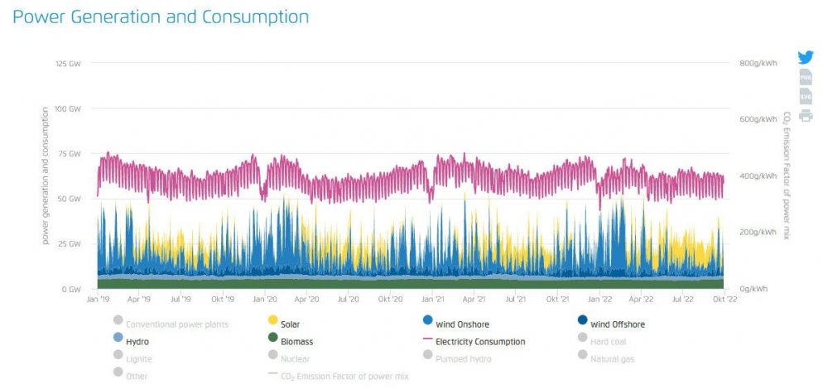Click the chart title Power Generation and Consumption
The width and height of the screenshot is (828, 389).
coord(161,17)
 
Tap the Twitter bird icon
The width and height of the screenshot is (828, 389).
coord(806,57)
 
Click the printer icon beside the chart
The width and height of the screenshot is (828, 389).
coord(806,115)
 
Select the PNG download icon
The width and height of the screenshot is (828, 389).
coord(806,77)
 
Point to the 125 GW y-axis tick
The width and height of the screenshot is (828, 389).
coord(68,64)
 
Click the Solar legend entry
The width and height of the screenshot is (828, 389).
coord(289,324)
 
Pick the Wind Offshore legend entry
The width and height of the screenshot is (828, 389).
coord(617,324)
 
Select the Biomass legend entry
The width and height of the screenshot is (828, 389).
coord(296,341)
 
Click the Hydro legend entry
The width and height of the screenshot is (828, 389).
coord(137,341)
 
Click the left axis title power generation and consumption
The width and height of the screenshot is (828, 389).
coord(46,175)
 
